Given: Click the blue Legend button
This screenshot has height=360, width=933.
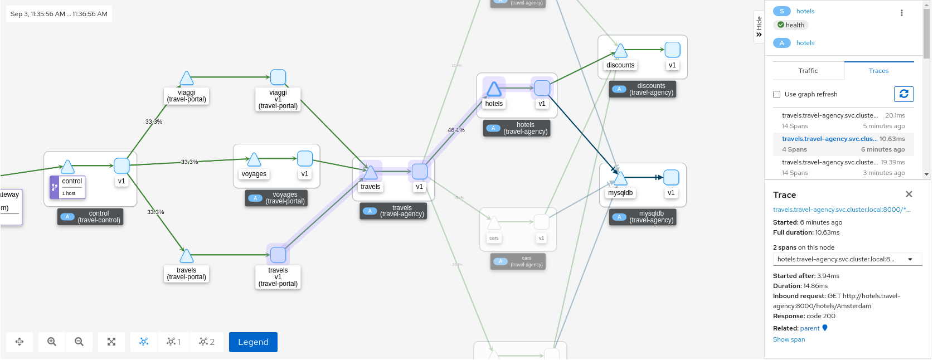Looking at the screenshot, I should [253, 342].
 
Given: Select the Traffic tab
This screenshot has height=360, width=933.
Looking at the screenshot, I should [808, 71].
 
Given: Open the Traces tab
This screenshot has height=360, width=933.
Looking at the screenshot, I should [878, 71].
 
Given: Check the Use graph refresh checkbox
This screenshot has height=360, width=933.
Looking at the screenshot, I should [776, 95].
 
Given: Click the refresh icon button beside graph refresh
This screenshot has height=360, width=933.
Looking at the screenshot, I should [903, 94].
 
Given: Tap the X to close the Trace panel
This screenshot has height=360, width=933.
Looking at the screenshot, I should [908, 194].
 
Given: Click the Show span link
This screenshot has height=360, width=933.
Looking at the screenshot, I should [789, 339].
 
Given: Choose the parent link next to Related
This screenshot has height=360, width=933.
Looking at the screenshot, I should [810, 328].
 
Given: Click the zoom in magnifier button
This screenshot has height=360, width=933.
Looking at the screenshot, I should [52, 342].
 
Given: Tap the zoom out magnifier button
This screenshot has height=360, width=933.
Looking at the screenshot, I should [79, 342].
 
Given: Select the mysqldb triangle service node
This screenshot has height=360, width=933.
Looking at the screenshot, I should [620, 178].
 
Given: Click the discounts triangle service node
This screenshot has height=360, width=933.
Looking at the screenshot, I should [620, 51].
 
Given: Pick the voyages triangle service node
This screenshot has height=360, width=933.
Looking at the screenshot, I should [254, 160].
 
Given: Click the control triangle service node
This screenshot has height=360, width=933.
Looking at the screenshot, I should [68, 167].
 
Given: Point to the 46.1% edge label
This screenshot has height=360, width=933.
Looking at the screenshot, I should [456, 130].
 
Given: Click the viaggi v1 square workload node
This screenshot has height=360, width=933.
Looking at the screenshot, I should [278, 77].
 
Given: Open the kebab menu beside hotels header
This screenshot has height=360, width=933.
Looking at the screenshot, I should [901, 13].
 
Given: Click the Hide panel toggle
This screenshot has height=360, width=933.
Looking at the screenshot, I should [759, 26].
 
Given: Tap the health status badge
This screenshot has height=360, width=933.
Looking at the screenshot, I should [791, 25].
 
